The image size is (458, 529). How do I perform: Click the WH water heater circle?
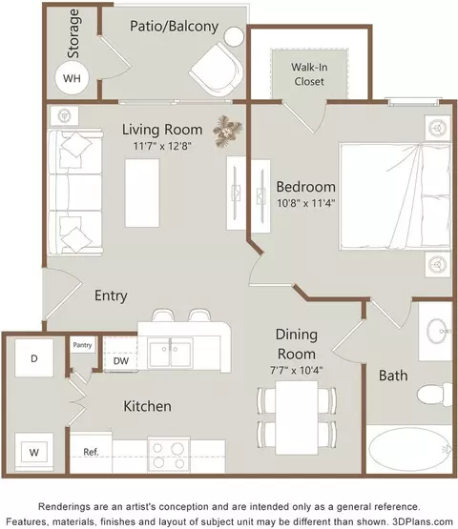72,78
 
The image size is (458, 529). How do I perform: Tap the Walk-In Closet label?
309,74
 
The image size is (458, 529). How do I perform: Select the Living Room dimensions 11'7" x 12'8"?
162,146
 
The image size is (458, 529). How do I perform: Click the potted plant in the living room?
228,131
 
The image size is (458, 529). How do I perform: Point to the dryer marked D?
33,358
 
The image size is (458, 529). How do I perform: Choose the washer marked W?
33,452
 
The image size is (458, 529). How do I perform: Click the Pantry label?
82,345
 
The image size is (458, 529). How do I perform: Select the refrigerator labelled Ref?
91,452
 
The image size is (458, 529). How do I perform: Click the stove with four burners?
169,455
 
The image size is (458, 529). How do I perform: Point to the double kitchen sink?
170,354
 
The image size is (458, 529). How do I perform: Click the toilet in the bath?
435,395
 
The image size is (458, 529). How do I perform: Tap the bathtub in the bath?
409,450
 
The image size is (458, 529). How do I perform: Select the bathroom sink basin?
438,332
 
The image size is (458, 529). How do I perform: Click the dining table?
297,417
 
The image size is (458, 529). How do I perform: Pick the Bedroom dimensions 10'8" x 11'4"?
305,203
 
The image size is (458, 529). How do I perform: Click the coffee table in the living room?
142,193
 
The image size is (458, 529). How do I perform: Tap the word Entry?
111,295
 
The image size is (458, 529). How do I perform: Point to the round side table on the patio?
234,37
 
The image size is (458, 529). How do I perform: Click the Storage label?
73,33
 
